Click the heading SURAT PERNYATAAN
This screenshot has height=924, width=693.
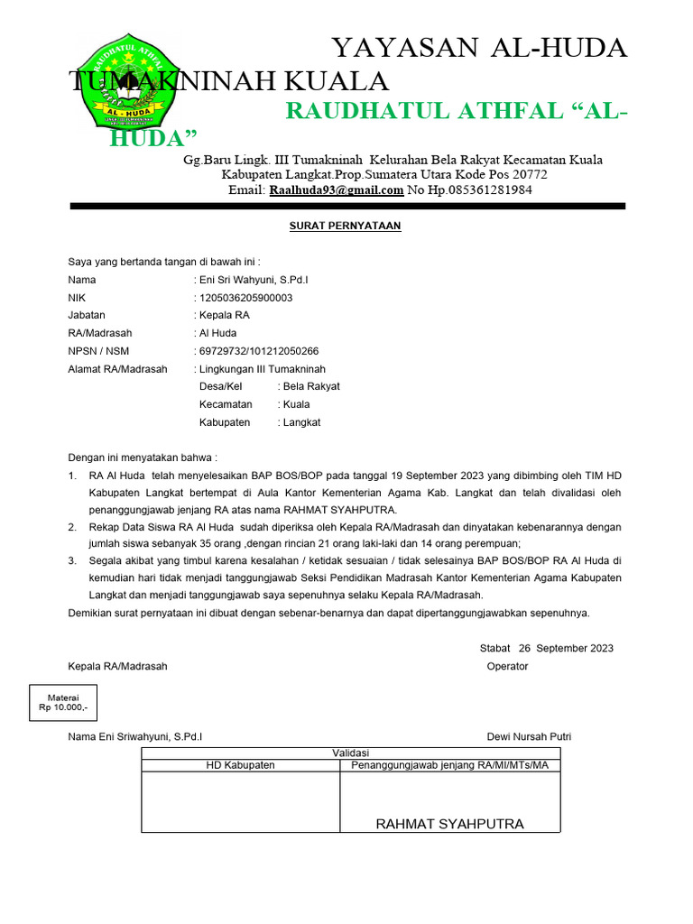[x=345, y=226]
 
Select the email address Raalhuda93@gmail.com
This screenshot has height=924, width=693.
[x=335, y=190]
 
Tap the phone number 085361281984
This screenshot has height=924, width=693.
[x=482, y=190]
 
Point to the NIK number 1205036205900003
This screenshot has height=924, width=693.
[x=245, y=298]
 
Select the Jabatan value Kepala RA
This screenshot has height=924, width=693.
[x=224, y=316]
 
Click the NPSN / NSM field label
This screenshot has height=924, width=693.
[x=98, y=351]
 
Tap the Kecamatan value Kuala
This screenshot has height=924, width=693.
[x=296, y=404]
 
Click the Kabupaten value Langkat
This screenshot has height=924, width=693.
[x=301, y=422]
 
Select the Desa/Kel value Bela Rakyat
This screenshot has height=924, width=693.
[x=311, y=386]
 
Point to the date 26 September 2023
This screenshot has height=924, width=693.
[x=566, y=648]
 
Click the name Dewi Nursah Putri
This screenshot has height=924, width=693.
[x=529, y=737]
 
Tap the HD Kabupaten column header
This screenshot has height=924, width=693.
[x=241, y=765]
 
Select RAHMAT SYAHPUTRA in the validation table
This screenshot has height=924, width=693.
[x=449, y=824]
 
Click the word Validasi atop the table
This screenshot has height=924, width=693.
[x=351, y=753]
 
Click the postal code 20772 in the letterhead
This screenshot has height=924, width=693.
[x=529, y=174]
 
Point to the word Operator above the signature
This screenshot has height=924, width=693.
[x=507, y=666]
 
